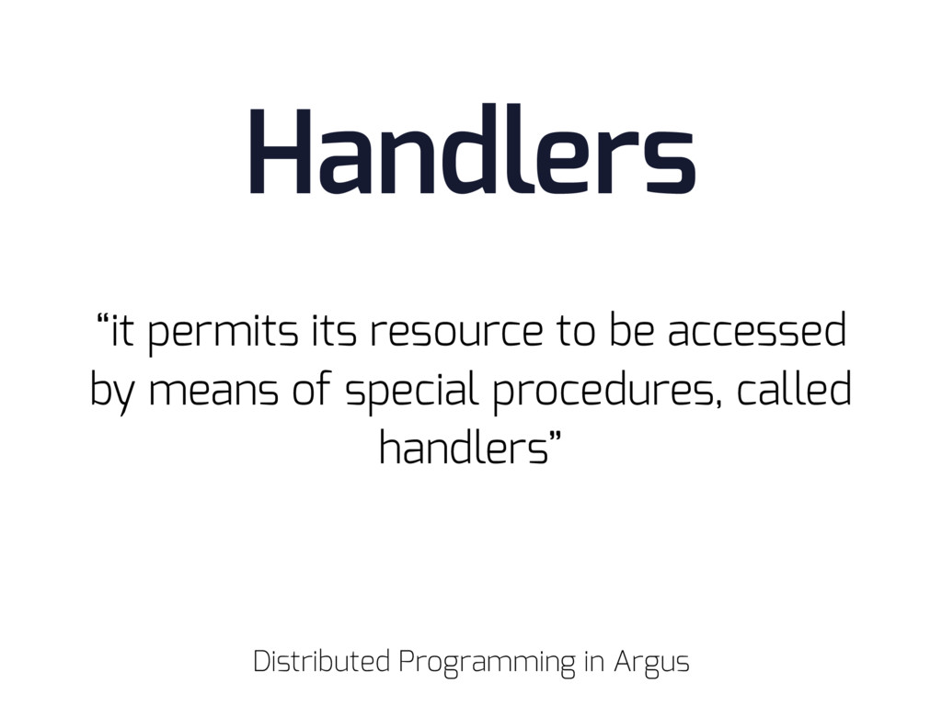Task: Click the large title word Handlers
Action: tap(472, 149)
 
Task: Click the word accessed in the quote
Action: tap(757, 330)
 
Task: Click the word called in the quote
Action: tap(794, 389)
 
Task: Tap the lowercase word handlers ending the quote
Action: tap(464, 448)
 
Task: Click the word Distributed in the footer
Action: tap(321, 662)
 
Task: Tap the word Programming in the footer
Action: tap(487, 664)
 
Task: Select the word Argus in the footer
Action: tap(652, 664)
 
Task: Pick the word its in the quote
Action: tap(333, 331)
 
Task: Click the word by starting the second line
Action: tap(112, 393)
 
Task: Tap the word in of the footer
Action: tap(593, 661)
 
